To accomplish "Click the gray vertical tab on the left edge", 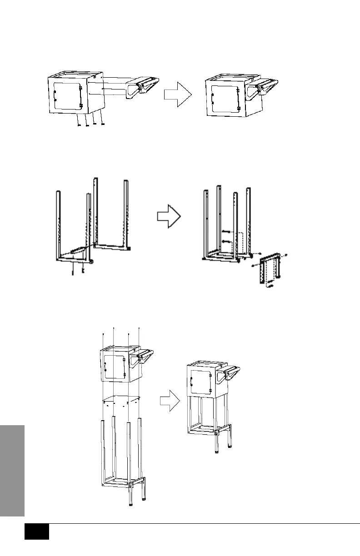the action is point(12,470).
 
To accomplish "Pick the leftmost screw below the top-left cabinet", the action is point(79,124).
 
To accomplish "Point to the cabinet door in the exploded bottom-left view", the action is point(114,367).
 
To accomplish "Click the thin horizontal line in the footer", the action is point(205,524).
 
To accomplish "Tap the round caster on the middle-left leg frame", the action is point(92,261).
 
